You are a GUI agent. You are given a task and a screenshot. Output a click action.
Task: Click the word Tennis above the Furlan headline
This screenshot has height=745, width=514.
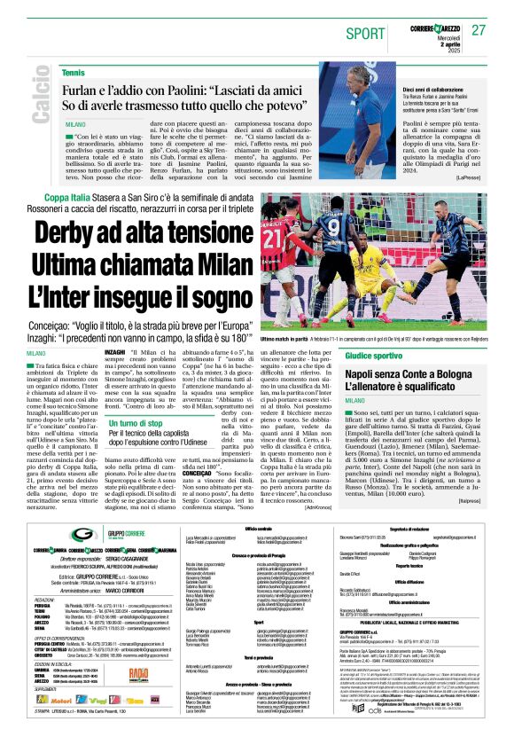(x=74, y=72)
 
